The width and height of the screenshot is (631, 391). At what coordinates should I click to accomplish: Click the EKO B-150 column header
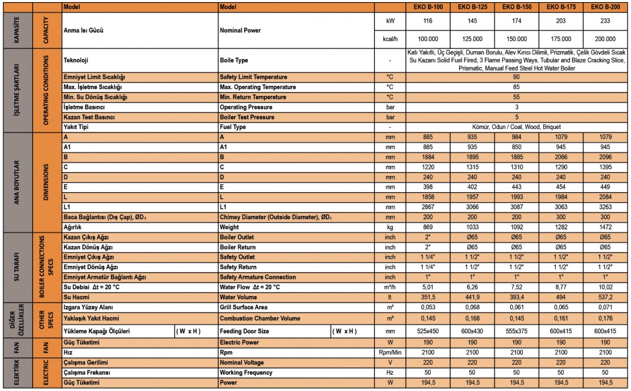tap(516, 7)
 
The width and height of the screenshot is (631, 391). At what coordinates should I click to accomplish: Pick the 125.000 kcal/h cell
tap(472, 39)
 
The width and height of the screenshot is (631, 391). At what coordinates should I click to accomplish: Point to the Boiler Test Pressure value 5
tap(516, 117)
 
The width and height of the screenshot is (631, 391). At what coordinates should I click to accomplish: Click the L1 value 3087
tap(516, 207)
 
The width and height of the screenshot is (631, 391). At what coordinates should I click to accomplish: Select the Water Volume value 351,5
tap(428, 297)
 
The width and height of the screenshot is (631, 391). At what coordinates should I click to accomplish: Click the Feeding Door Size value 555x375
tap(516, 331)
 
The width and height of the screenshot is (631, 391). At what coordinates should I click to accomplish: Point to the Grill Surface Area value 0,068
tap(472, 307)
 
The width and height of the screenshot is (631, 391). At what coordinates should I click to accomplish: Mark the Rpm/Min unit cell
tap(390, 352)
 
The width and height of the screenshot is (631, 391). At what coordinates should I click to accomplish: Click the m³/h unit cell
tap(390, 287)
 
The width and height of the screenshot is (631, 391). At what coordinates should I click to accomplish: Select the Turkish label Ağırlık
tap(73, 227)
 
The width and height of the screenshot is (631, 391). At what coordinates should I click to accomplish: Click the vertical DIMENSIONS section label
tap(46, 182)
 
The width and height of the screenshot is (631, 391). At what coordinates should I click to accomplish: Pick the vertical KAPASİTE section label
tap(15, 31)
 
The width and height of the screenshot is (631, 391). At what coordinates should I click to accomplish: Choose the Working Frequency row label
tap(246, 373)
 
